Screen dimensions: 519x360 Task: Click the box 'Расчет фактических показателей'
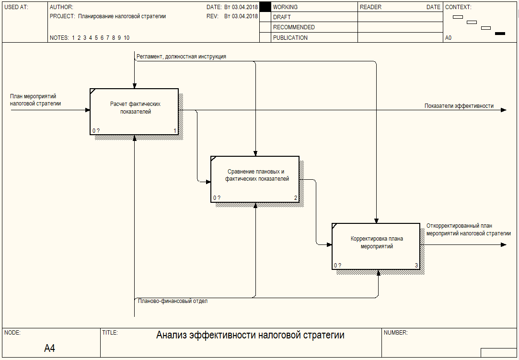pos(134,112)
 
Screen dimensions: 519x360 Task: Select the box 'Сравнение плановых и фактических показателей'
pos(255,179)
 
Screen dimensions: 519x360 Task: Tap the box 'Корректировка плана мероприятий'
pos(376,246)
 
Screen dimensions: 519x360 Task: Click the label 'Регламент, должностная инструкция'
pos(181,56)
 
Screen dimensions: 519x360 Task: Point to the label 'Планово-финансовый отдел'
pos(173,301)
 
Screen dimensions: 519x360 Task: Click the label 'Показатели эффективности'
pos(459,105)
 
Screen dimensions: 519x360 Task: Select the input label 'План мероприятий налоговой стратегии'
pos(35,100)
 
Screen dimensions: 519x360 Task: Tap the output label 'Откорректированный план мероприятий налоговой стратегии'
pos(468,230)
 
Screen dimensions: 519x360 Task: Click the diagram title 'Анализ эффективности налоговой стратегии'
pos(250,335)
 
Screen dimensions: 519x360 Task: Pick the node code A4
pos(49,348)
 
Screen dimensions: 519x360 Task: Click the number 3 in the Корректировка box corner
pos(416,265)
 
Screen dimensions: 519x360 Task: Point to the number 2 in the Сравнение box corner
pos(296,197)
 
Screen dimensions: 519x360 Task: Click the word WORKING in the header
pos(285,7)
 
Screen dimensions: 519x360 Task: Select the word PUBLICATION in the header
pos(290,38)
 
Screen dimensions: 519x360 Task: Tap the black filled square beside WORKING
pos(265,7)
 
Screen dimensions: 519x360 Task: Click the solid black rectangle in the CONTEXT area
pos(500,34)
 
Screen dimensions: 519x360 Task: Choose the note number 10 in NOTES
pos(127,38)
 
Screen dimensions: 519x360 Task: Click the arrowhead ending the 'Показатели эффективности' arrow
pos(504,110)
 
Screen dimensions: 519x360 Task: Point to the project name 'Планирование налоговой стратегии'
pos(122,16)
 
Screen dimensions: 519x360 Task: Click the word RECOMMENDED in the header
pos(294,27)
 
